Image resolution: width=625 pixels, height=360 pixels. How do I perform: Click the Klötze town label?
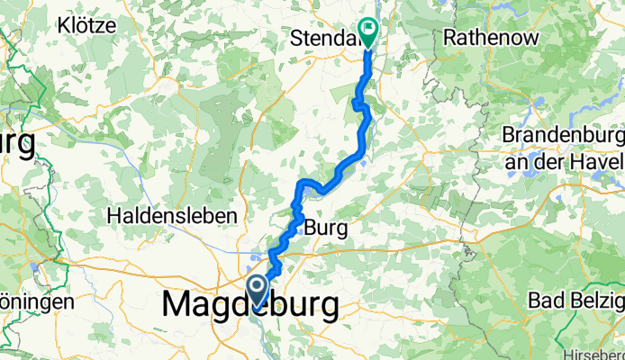[x=82, y=25]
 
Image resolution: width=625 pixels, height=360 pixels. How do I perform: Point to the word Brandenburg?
[x=564, y=134]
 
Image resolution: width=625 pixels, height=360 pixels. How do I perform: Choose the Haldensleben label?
[x=171, y=216]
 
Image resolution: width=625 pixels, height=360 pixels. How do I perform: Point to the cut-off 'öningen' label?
[x=36, y=301]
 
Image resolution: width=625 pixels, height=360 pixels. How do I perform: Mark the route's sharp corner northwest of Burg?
[x=299, y=184]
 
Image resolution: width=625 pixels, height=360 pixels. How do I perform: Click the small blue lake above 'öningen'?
[x=34, y=267]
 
